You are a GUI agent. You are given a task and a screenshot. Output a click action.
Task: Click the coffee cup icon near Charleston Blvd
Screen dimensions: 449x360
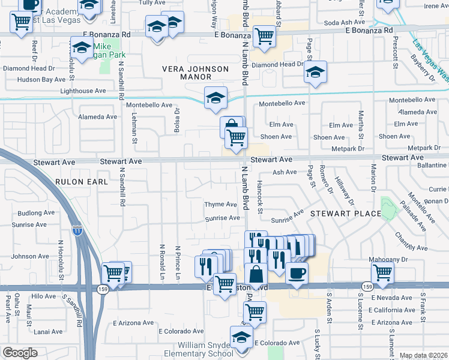click(297, 274)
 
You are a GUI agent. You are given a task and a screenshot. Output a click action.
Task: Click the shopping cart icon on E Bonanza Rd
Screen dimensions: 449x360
click(264, 36)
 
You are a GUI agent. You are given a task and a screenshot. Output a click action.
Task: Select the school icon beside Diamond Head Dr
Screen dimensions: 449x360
click(315, 72)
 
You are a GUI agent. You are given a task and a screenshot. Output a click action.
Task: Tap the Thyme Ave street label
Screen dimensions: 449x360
click(220, 205)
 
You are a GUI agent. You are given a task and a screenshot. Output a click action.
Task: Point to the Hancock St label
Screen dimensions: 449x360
click(260, 196)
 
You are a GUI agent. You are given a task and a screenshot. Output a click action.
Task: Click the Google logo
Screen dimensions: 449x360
click(20, 353)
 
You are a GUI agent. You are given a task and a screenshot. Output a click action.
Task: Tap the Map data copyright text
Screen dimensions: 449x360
click(423, 355)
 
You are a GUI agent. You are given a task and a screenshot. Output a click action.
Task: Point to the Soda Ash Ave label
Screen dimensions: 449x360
click(340, 22)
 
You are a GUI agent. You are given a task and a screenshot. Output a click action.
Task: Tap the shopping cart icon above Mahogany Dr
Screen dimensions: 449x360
click(382, 272)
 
